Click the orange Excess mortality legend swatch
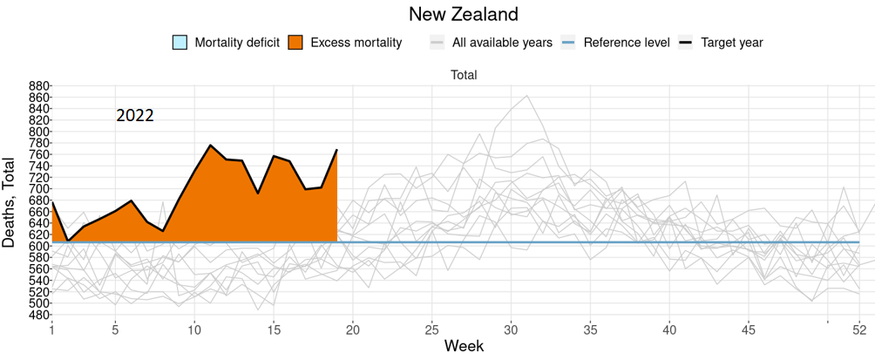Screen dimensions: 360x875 [295, 42]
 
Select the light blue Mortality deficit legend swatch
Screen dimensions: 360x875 [180, 42]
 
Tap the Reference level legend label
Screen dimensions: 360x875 [627, 42]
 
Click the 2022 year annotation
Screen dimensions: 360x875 [135, 115]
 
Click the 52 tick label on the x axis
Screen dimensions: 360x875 [859, 329]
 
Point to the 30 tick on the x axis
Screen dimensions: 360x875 [512, 329]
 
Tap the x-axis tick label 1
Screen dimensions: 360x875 [52, 329]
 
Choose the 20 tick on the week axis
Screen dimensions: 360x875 [353, 329]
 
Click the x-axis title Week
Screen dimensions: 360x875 [464, 347]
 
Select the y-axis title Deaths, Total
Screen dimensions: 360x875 [10, 202]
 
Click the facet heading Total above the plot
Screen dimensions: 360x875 [464, 75]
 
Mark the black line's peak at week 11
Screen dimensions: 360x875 [211, 145]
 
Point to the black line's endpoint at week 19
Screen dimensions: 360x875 [337, 150]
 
